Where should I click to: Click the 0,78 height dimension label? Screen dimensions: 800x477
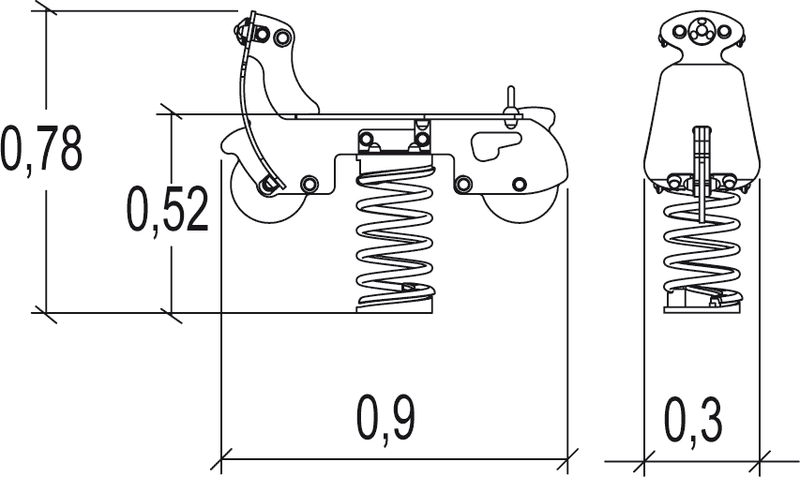[x=42, y=149]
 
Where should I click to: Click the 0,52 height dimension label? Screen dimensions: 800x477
[x=168, y=210]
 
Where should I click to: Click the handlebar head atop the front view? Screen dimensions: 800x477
[x=700, y=33]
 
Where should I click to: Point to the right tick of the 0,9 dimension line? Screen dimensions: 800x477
[x=566, y=460]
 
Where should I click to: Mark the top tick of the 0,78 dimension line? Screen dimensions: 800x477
[x=45, y=10]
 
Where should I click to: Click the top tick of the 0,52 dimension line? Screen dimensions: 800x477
[x=171, y=113]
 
